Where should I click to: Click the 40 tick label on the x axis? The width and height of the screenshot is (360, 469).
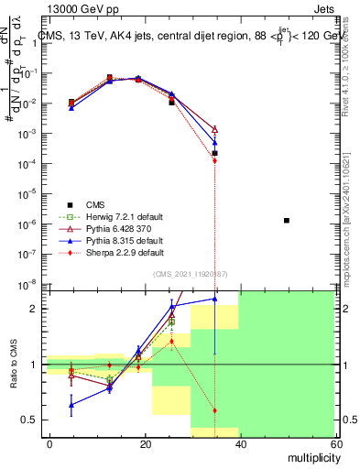point(239,442)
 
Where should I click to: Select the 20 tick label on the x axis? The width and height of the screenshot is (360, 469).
point(145,442)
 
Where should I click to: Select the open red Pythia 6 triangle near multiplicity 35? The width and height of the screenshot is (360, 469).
point(214,130)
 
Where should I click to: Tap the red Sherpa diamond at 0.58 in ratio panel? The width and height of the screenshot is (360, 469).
point(214,410)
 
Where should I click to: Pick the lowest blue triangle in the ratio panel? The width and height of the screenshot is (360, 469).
point(71,404)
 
